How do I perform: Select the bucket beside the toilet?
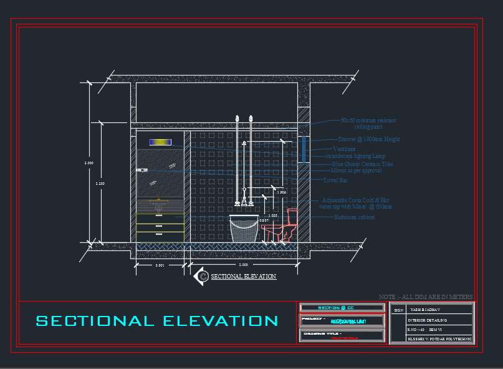tap(244, 230)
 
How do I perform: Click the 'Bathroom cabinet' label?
tap(355, 217)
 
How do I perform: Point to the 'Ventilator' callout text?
tap(345, 149)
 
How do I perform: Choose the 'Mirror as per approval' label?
tap(356, 170)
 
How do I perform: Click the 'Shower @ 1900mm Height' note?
tap(368, 139)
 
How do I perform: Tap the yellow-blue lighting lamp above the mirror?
tap(160, 142)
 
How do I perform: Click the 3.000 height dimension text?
tap(89, 163)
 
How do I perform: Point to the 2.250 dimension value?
tap(100, 183)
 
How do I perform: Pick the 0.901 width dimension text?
tap(160, 266)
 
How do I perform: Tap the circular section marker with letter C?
tap(201, 276)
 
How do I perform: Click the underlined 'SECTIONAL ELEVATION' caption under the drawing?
tap(244, 276)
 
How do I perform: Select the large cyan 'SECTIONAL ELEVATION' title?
tap(157, 321)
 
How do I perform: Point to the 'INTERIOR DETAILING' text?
tap(427, 320)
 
